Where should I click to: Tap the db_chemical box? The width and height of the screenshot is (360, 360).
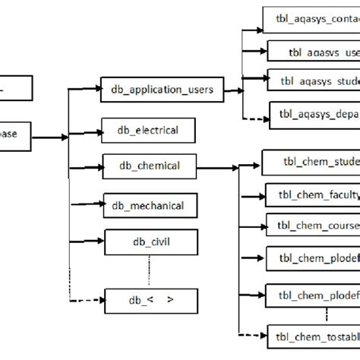(x=150, y=166)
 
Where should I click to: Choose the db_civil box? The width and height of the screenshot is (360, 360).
(x=151, y=243)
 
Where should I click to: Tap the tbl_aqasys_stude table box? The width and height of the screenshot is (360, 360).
(x=313, y=81)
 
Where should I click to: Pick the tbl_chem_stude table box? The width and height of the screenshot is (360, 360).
(x=311, y=162)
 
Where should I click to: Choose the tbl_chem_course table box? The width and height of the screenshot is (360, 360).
(x=312, y=225)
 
